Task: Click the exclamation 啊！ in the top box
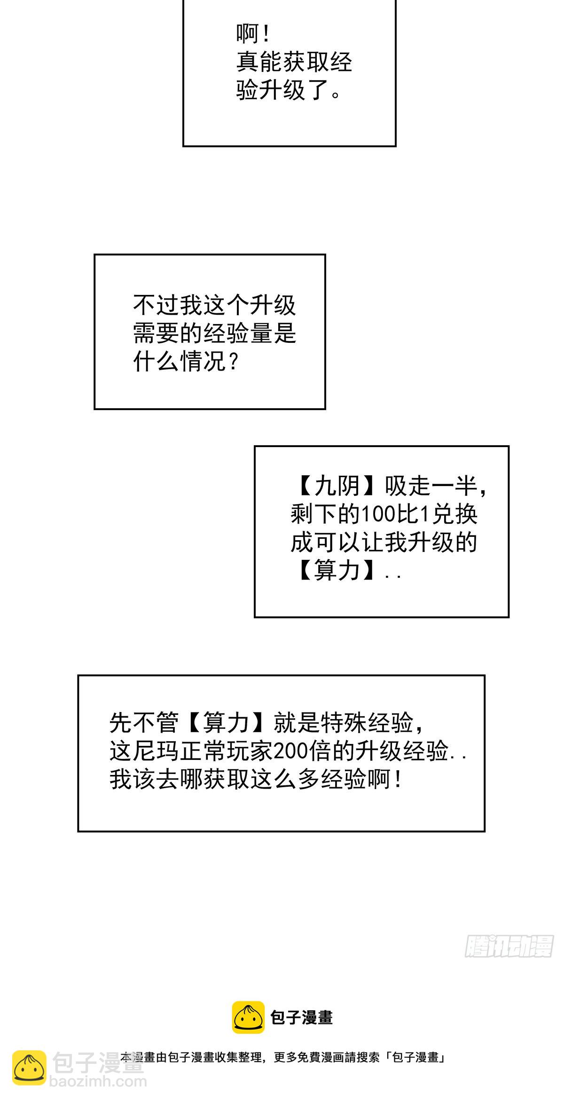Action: pos(253,34)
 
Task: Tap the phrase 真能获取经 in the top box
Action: pos(294,62)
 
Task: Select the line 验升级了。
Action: pos(289,90)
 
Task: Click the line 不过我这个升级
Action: pos(214,305)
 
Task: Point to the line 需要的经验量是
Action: pos(214,333)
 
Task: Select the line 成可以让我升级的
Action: pos(384,542)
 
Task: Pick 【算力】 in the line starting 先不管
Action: pos(226,722)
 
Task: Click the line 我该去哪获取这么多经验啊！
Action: pos(256,779)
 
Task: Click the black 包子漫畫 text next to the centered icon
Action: pos(301,1018)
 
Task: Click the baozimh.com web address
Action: pos(98,1082)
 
